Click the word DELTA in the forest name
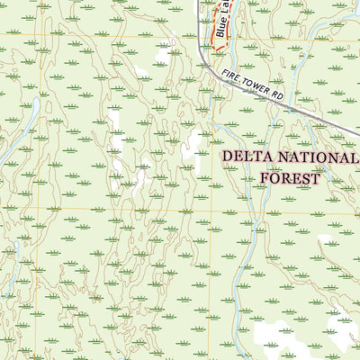point(246,157)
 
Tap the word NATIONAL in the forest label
point(310,157)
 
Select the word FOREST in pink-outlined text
point(290,177)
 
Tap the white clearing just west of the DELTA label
point(193,145)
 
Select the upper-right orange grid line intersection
point(211,37)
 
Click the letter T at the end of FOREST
point(315,177)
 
